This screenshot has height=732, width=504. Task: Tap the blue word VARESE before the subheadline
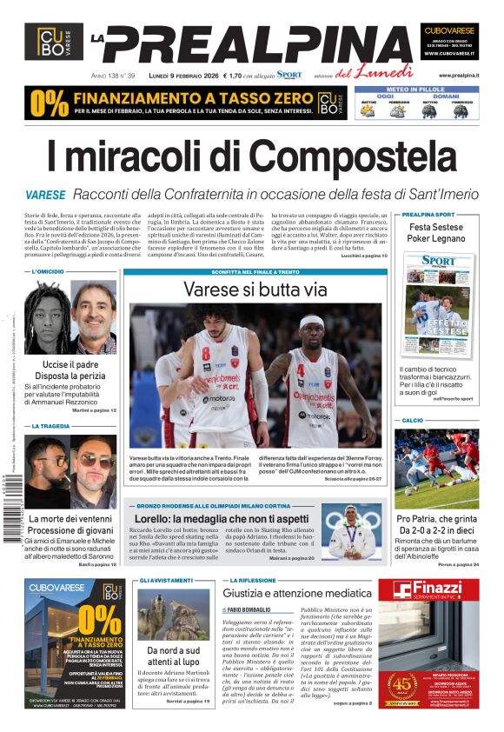(45, 195)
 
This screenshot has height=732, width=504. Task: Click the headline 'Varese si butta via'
(255, 289)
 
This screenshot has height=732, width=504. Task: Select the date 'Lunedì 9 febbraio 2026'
(183, 76)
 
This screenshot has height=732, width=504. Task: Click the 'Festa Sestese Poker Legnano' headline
(436, 232)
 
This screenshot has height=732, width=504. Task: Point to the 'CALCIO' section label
(413, 420)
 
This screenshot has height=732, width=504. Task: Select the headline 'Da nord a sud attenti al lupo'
(173, 655)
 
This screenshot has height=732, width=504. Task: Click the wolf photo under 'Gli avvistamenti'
(173, 614)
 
